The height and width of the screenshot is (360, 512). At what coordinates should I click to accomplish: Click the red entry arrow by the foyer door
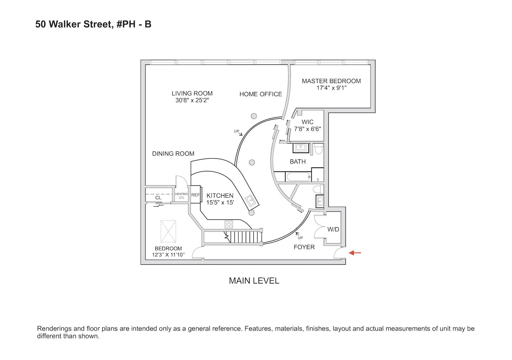[355, 253]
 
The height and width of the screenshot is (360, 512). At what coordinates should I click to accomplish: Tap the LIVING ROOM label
[192, 93]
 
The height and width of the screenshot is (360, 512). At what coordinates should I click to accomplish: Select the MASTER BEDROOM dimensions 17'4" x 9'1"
[331, 88]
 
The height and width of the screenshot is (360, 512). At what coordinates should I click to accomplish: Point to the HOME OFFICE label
[261, 94]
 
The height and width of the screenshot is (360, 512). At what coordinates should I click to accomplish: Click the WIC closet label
[307, 122]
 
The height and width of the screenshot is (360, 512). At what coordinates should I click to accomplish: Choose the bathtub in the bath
[298, 176]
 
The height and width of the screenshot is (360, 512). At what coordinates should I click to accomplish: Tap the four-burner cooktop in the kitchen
[229, 224]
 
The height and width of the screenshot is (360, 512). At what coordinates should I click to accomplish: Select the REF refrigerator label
[196, 195]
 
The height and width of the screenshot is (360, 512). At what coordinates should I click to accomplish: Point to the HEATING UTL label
[181, 196]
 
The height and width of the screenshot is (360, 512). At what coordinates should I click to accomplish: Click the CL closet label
[158, 198]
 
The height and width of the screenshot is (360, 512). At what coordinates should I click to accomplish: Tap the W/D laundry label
[333, 229]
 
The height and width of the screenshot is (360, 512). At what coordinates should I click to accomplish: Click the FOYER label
[304, 247]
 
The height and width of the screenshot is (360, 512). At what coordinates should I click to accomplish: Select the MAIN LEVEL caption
[254, 281]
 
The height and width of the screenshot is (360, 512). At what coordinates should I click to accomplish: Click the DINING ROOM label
[173, 154]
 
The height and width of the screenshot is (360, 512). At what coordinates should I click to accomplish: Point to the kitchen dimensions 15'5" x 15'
[220, 202]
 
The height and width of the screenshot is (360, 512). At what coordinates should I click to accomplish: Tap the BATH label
[298, 162]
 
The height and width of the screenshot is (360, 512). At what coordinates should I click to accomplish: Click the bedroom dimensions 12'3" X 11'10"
[168, 255]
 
